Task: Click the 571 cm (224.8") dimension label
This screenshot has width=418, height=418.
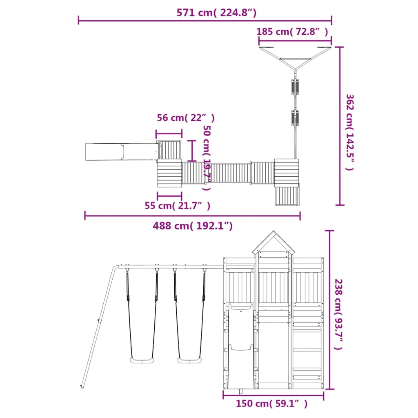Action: (x=216, y=13)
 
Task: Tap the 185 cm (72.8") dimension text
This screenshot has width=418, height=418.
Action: (x=292, y=31)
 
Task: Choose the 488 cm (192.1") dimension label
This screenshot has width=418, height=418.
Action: (x=193, y=226)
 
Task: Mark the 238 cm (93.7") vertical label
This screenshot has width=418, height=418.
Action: (x=338, y=314)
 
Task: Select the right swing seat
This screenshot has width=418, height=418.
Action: (x=189, y=360)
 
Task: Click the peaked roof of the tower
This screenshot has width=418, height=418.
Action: (x=273, y=243)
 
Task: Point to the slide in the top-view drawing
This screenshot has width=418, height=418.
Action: (x=120, y=151)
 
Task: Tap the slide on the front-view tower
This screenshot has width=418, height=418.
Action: (x=241, y=347)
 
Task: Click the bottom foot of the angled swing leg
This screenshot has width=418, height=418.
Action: (x=82, y=386)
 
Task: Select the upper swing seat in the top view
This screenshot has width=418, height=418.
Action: (x=295, y=87)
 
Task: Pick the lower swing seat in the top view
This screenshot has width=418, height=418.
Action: (x=295, y=118)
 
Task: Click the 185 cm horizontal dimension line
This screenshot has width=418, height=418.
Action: (x=295, y=40)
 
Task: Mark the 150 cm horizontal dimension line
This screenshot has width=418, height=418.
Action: (x=273, y=395)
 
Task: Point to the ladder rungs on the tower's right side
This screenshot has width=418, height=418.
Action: (x=307, y=351)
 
